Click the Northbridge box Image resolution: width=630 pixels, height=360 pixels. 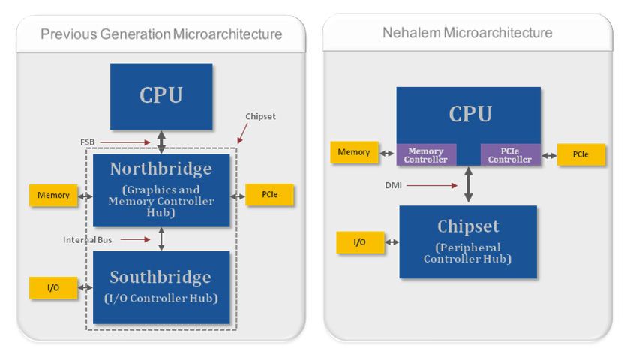[161, 190]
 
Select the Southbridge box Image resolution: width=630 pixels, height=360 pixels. [161, 287]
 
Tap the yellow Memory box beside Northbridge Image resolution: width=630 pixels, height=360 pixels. [53, 195]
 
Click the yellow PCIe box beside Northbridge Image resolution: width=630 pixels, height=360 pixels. [269, 194]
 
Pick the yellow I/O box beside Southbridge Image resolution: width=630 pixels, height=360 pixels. [53, 287]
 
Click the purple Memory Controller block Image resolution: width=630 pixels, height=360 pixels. [426, 154]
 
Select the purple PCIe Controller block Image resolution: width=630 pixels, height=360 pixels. [510, 154]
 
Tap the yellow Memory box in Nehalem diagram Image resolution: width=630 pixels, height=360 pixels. [354, 152]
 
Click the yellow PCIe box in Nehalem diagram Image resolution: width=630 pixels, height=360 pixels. [581, 154]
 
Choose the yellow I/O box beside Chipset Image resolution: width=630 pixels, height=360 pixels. [360, 241]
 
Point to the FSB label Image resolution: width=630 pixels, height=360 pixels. [88, 142]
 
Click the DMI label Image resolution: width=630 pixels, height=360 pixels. [393, 185]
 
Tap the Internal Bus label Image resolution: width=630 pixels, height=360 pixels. [87, 240]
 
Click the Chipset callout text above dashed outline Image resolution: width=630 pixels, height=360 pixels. [260, 116]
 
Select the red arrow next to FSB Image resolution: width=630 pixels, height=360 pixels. [125, 142]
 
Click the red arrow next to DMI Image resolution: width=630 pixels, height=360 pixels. [432, 186]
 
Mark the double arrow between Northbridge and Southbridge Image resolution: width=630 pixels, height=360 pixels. [161, 239]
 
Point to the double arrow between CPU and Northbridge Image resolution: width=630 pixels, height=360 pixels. [161, 142]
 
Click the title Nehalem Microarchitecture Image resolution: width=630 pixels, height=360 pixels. [467, 32]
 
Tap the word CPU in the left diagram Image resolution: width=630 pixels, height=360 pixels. [161, 95]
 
